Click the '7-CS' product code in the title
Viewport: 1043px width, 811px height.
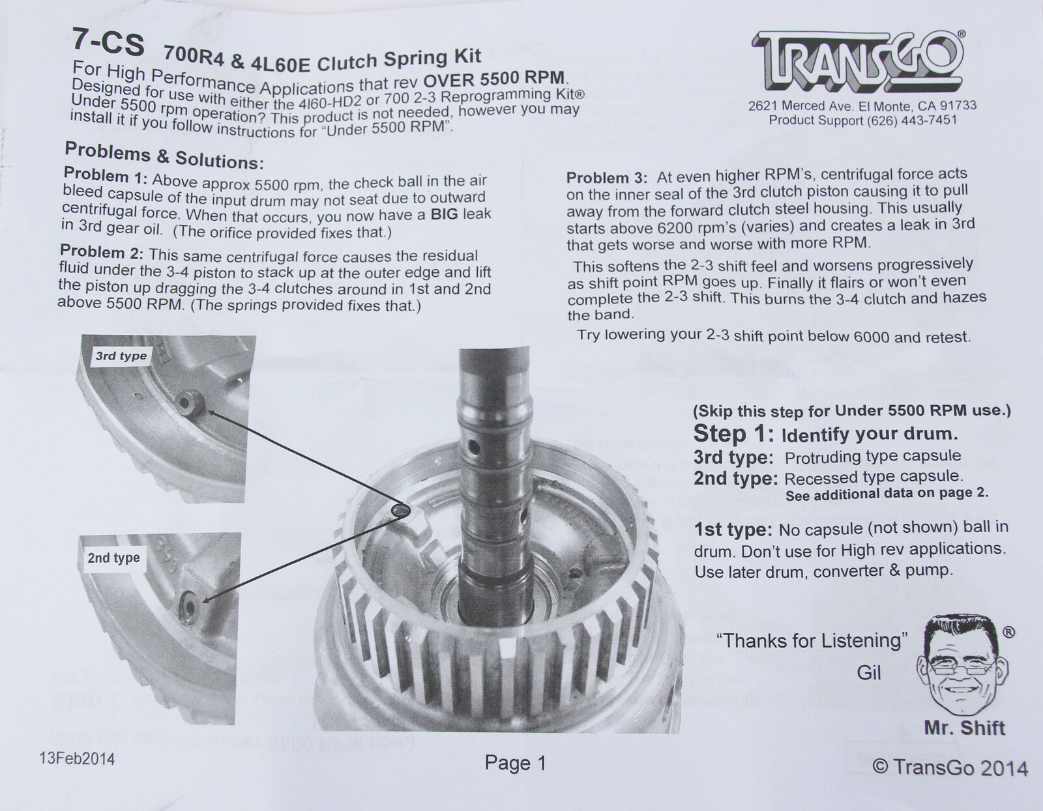[108, 43]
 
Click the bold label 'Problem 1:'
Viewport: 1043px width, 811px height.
[105, 175]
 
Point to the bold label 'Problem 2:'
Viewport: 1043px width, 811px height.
[102, 252]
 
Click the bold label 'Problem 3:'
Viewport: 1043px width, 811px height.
[607, 177]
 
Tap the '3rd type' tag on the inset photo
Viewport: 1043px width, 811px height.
[121, 356]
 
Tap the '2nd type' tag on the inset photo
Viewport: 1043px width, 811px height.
[113, 558]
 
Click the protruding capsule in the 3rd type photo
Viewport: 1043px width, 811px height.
[190, 403]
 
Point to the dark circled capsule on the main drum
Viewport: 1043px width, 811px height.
[401, 510]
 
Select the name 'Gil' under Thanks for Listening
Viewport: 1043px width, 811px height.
[869, 672]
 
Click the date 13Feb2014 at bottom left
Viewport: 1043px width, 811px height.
[77, 759]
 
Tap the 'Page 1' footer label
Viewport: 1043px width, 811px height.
[516, 763]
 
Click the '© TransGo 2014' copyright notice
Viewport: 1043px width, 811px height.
[949, 768]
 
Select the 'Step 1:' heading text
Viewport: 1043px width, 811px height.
[733, 434]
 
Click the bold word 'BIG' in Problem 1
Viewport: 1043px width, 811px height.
[444, 214]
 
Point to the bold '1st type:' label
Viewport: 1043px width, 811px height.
[733, 530]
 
